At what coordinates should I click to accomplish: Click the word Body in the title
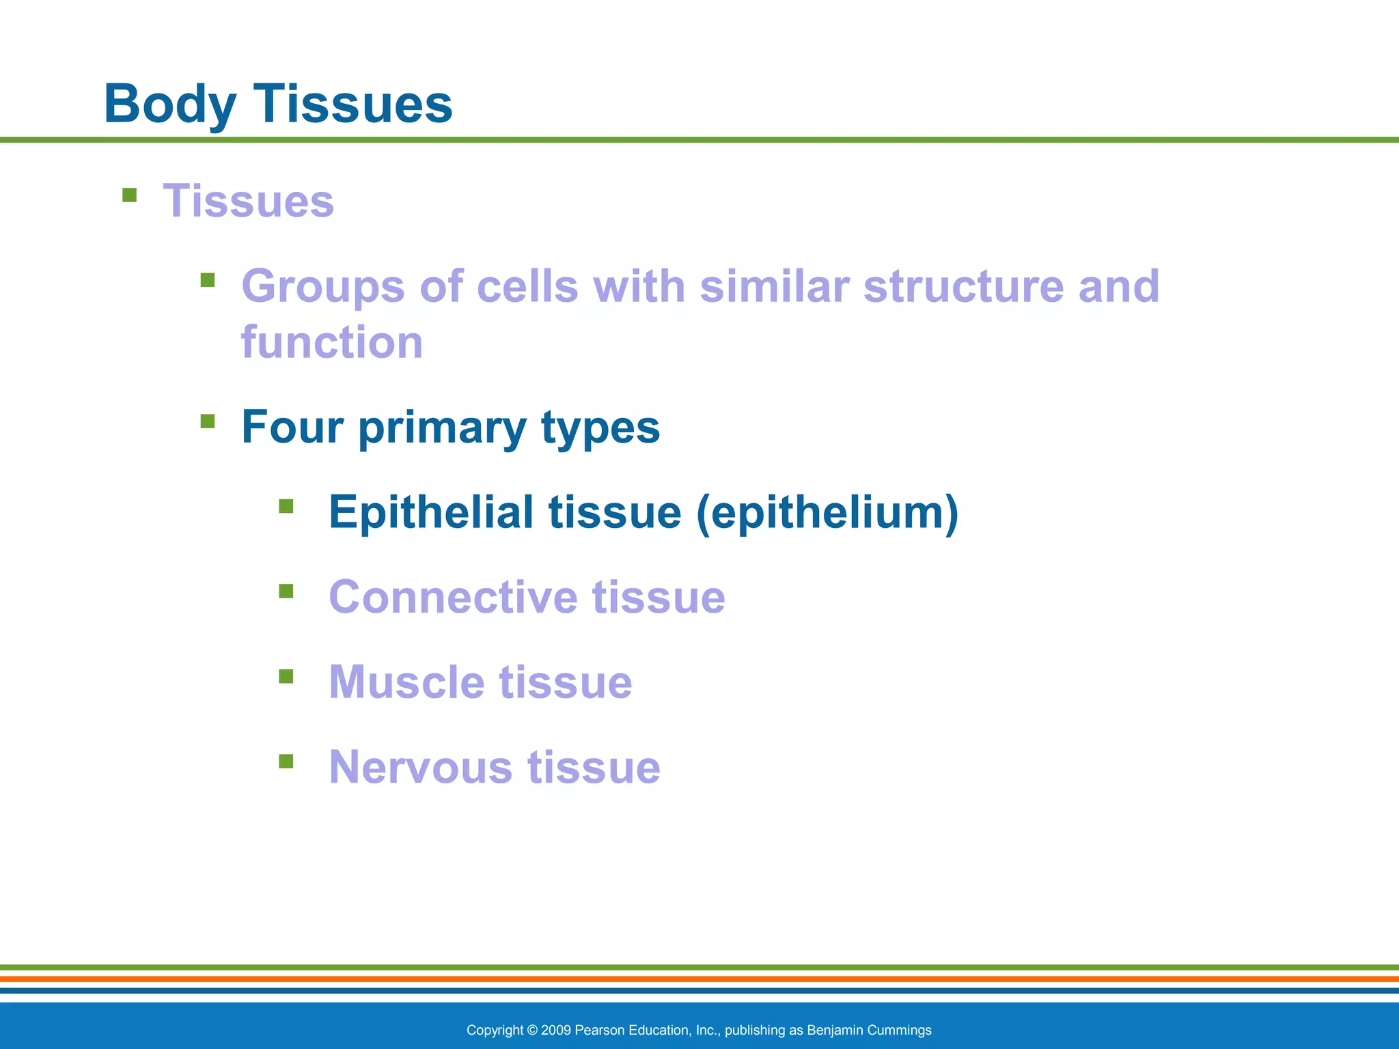[169, 104]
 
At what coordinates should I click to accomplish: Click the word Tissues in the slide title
[353, 104]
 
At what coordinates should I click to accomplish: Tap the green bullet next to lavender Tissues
[129, 196]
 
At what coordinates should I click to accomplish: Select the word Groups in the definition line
[322, 287]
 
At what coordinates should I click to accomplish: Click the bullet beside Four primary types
[208, 421]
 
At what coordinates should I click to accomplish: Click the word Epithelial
[430, 512]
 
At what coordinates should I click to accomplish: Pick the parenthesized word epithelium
[828, 512]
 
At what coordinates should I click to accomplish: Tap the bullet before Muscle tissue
[286, 676]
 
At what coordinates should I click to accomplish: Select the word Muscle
[406, 682]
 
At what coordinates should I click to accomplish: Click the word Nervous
[420, 767]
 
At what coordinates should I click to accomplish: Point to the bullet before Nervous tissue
[286, 761]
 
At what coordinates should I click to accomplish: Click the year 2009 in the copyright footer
[556, 1030]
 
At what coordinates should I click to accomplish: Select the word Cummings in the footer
[902, 1030]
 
